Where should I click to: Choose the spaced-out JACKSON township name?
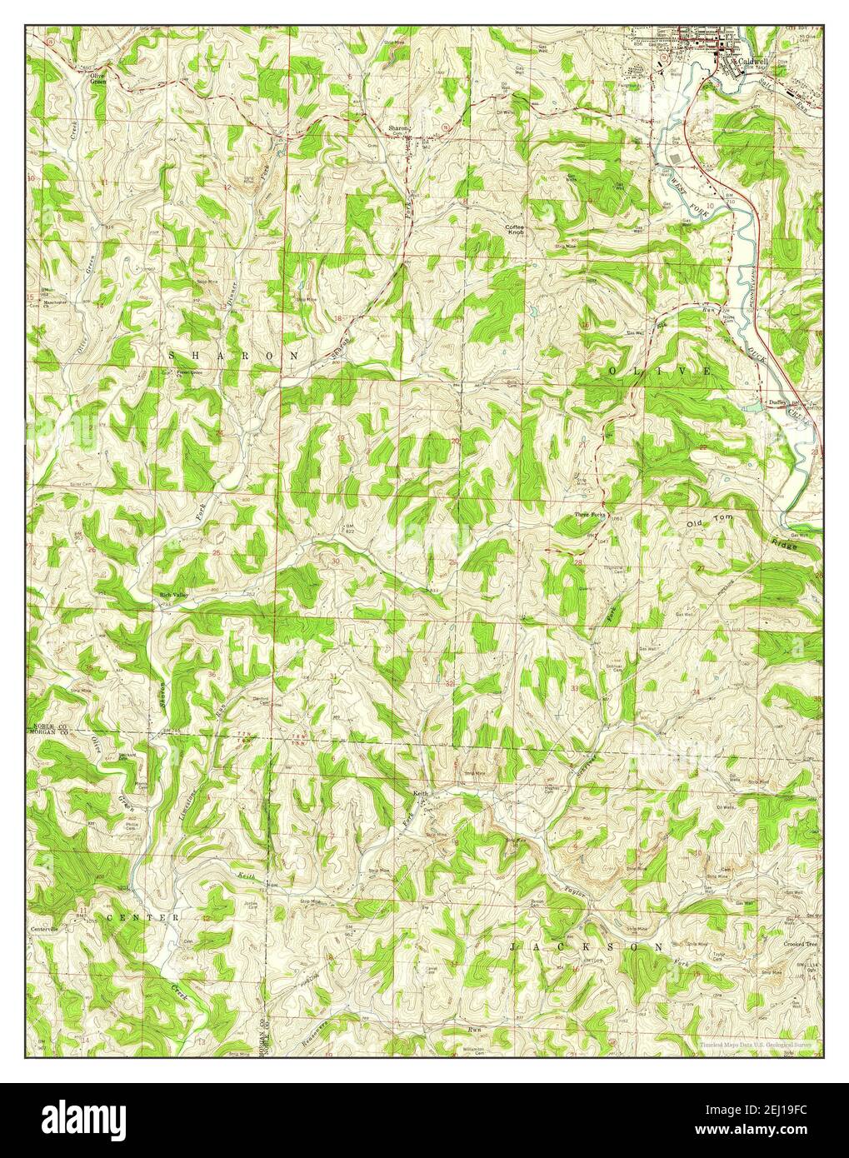[587, 947]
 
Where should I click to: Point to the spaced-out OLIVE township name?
[659, 370]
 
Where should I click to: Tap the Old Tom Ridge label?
[742, 533]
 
